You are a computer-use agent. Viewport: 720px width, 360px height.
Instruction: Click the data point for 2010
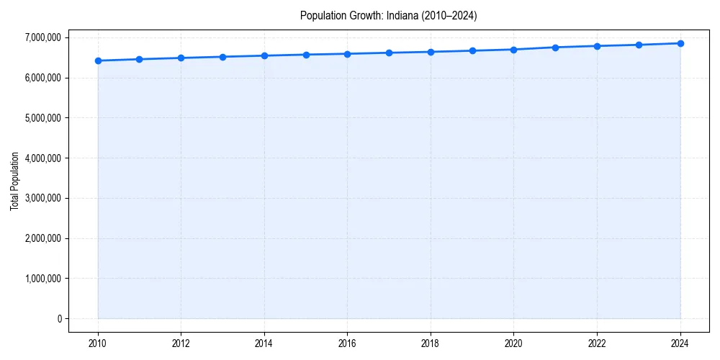(x=98, y=60)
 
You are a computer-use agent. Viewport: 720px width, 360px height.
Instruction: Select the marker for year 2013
(x=222, y=57)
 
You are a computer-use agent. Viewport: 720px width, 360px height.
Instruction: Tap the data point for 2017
(x=389, y=53)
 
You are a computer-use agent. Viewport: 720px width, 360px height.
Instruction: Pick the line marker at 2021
(x=555, y=48)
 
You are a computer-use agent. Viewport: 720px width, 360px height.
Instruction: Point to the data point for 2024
(x=680, y=43)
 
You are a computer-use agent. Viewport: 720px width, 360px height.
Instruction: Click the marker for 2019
(x=472, y=50)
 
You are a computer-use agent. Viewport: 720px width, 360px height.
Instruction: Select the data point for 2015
(x=306, y=55)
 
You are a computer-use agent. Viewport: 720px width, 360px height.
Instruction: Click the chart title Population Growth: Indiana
(x=388, y=15)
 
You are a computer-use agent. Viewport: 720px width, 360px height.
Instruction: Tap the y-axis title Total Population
(x=14, y=181)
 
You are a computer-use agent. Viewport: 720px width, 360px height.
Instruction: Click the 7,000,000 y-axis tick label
(x=42, y=37)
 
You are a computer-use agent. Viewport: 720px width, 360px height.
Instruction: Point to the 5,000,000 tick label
(x=42, y=117)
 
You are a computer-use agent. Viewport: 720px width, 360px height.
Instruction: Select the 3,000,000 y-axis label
(x=42, y=198)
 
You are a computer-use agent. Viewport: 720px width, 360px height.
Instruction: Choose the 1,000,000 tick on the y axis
(x=42, y=279)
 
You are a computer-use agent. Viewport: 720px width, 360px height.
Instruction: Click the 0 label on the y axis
(x=59, y=319)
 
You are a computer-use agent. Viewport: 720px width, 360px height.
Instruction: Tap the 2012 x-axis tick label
(x=181, y=343)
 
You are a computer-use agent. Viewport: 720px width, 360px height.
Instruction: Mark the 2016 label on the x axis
(x=347, y=343)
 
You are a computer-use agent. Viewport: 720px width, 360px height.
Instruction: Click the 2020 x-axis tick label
(x=514, y=343)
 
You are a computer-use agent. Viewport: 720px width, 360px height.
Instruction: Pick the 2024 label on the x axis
(x=680, y=343)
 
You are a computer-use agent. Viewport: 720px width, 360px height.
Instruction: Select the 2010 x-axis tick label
(x=98, y=343)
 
